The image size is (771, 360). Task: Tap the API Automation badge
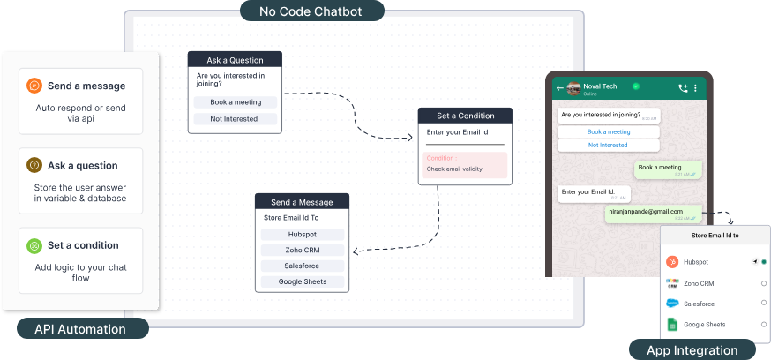(x=79, y=329)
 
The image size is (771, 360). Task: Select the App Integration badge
(x=692, y=349)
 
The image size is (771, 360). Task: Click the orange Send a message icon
(x=34, y=86)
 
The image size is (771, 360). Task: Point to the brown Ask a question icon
(x=34, y=165)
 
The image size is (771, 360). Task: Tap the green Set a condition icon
(x=34, y=245)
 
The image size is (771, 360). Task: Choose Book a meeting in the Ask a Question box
(x=236, y=102)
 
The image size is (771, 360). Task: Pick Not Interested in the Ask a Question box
(x=236, y=119)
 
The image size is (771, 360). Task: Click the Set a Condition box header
(x=464, y=116)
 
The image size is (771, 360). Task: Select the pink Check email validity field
(x=464, y=165)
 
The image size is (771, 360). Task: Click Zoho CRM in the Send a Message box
(x=303, y=250)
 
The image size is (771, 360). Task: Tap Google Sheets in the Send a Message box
(x=303, y=281)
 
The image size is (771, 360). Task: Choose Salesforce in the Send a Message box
(x=303, y=266)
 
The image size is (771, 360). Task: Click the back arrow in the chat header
(x=559, y=88)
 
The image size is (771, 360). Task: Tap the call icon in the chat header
(x=682, y=88)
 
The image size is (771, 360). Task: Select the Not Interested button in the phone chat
(x=608, y=145)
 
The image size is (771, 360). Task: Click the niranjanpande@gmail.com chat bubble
(x=652, y=213)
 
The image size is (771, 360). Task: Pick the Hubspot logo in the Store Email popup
(x=672, y=262)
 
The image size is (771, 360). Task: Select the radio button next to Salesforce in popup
(x=764, y=304)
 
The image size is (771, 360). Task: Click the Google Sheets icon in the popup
(x=672, y=325)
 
